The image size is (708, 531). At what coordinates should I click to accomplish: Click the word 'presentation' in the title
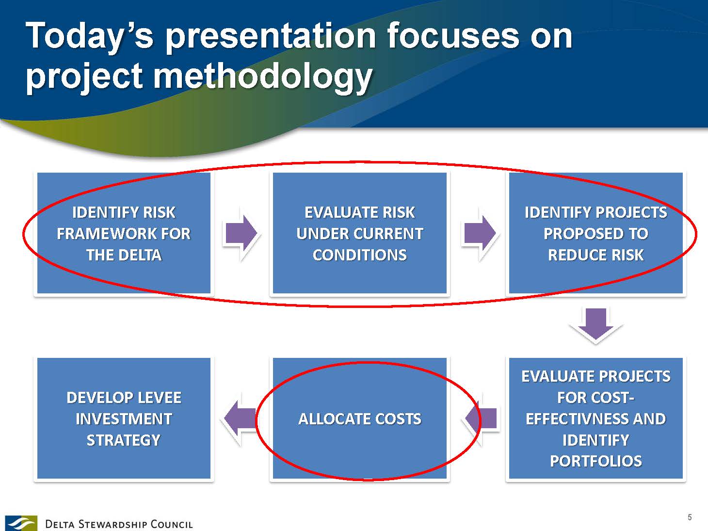coord(271,37)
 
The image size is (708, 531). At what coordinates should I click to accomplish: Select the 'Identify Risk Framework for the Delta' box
coord(124,233)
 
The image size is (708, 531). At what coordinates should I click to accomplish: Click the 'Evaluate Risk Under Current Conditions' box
coord(360,233)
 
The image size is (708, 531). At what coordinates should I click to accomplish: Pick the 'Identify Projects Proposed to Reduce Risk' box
coord(596,233)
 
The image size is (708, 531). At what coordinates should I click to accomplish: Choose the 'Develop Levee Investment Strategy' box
coord(124,418)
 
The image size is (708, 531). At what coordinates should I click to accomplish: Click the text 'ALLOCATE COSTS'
coord(360,419)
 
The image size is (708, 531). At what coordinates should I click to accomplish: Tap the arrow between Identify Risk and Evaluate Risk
coord(241,233)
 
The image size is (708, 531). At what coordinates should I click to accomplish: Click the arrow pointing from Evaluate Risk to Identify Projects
coord(480,233)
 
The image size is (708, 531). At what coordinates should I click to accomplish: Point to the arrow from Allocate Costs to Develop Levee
coord(240,418)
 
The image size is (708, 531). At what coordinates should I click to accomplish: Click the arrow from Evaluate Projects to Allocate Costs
coord(481,418)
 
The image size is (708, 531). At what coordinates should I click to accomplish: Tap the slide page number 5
coord(689,517)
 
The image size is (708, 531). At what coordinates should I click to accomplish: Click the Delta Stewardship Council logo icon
coord(21,523)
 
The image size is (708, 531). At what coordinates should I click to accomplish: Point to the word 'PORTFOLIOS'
coord(596,461)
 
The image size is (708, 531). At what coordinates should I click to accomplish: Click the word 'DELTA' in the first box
coord(140,255)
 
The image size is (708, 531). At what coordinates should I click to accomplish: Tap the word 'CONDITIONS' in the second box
coord(360,255)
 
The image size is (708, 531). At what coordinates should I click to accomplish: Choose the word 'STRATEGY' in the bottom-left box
coord(124,440)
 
